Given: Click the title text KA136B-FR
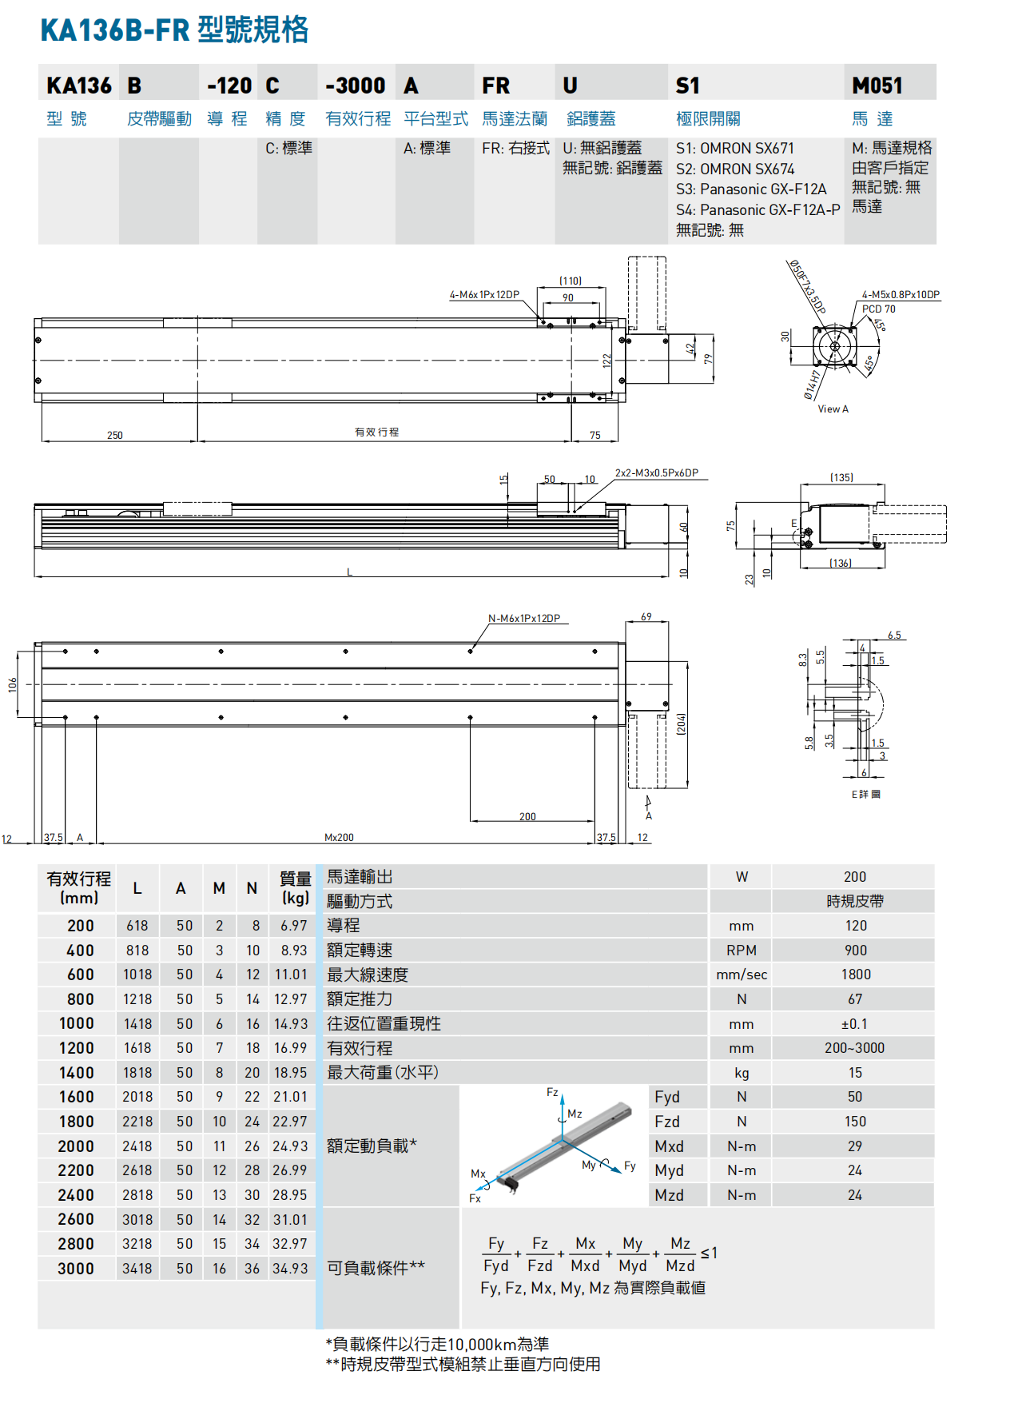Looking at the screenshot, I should (x=115, y=30).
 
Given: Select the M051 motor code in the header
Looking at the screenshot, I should (x=877, y=86).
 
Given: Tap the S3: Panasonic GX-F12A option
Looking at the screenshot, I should (x=750, y=189).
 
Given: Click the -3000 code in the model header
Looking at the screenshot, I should (x=355, y=86).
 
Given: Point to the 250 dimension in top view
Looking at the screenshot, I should (x=115, y=436).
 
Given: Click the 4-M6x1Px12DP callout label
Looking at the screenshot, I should (x=484, y=295).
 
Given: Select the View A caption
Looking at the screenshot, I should (x=833, y=409).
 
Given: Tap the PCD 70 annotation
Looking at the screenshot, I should (x=878, y=309).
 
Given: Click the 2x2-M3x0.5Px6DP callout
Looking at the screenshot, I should (x=656, y=473).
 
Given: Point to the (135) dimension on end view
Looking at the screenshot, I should (x=841, y=478).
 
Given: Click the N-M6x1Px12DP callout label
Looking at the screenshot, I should (x=524, y=619).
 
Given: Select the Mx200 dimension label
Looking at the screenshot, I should (x=339, y=838).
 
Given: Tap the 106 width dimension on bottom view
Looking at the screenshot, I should (x=13, y=685).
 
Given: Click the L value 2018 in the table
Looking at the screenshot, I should (x=137, y=1097).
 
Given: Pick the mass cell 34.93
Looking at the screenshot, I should (x=290, y=1269).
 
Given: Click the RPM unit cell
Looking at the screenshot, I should (x=741, y=951).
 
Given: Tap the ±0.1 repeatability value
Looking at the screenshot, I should (x=854, y=1024).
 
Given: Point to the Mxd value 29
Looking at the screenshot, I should (x=854, y=1146).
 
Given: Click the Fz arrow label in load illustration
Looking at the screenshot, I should (x=552, y=1092).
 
